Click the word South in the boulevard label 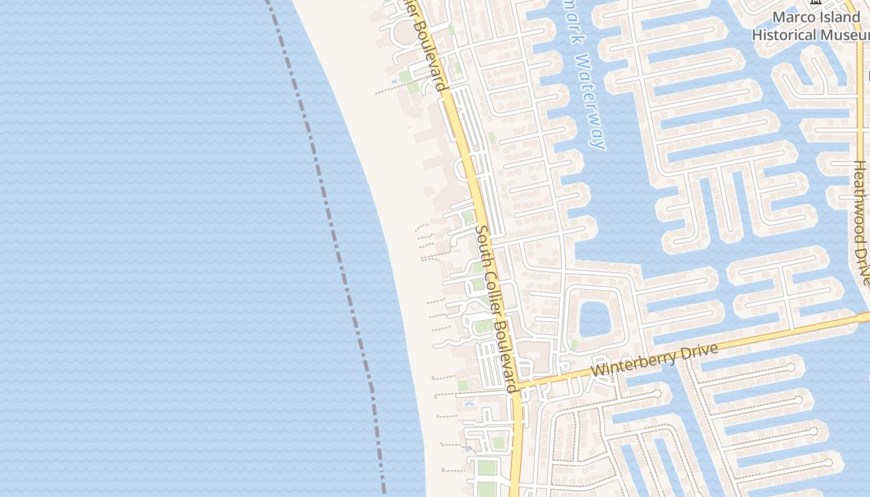(x=483, y=245)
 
